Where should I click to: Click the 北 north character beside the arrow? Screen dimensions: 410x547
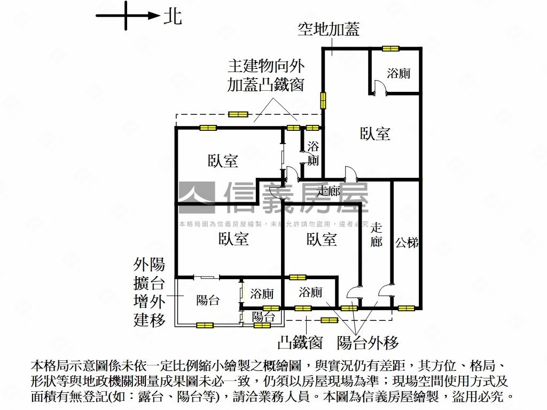coord(173,17)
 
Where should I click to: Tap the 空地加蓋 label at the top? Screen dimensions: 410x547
coord(329,29)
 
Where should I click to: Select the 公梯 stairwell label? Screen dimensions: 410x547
coord(407,242)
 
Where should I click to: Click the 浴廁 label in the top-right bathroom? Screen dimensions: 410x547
coord(398,74)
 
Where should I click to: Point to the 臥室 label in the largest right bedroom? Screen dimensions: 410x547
coord(375,133)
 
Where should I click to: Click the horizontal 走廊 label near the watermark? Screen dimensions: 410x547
coord(329,191)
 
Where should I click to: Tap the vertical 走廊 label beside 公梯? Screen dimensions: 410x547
coord(376,234)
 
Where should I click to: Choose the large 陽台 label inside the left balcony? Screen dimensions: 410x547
coord(208,300)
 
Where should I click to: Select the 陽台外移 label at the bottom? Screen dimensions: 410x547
coord(368,342)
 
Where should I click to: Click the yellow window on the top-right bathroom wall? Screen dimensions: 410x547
coord(390,49)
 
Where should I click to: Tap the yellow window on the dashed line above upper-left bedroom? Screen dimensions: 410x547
coord(238,114)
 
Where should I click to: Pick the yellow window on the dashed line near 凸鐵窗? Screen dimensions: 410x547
coord(329,320)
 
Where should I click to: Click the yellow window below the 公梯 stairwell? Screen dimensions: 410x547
coord(406,308)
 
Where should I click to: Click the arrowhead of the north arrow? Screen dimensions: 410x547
coord(153,16)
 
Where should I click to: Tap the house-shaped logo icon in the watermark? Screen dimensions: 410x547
coord(196,197)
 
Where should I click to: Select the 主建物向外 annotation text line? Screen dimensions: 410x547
coord(266,66)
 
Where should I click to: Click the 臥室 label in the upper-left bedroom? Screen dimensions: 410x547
coord(223,161)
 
